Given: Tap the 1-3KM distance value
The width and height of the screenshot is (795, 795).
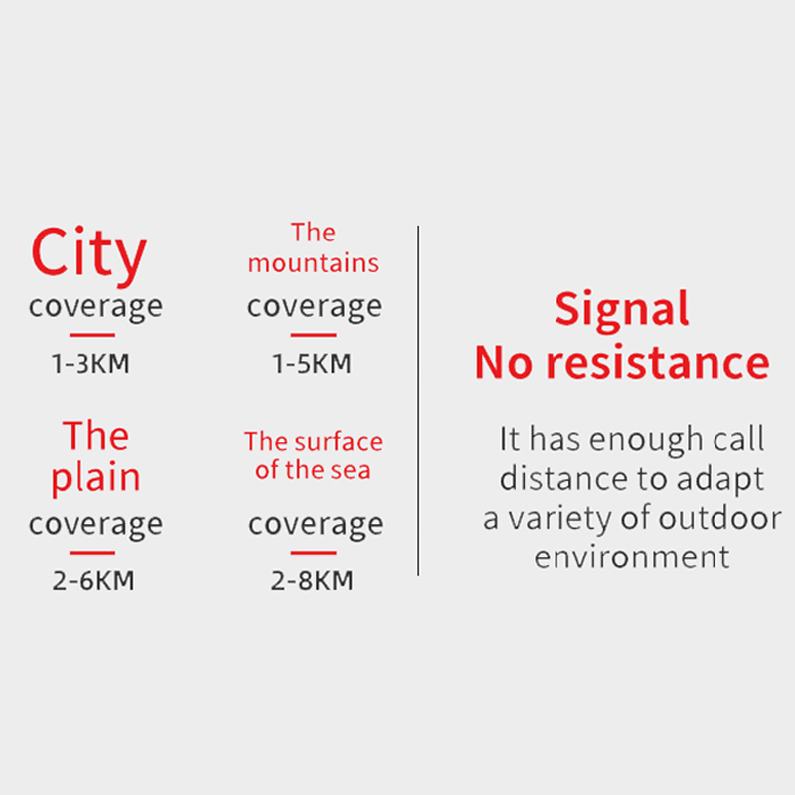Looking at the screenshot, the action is coord(90,363).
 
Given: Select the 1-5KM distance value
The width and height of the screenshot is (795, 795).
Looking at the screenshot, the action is coord(312,363).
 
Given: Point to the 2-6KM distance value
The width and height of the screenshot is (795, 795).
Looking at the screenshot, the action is coord(93,580).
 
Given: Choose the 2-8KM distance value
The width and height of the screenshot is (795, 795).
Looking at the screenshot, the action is coord(312,580).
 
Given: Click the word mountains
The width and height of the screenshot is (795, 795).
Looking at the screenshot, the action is coord(313,263).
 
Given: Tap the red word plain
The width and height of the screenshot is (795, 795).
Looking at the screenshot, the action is coord(95,478).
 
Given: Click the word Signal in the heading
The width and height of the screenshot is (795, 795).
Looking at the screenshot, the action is coord(622,310).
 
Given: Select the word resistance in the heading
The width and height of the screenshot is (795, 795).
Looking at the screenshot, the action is coord(658,362).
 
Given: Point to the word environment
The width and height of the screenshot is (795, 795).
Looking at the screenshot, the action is coord(632,556).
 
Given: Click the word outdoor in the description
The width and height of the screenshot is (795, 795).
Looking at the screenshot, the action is coord(719,518).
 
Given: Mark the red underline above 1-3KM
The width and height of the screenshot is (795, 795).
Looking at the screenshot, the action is coord(92,335).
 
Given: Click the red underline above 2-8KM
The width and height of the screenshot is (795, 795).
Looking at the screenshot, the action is coord(313,553).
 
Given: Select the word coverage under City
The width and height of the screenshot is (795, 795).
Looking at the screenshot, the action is coord(95,307).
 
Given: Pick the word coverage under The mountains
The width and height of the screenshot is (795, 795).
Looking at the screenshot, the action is coord(314,307).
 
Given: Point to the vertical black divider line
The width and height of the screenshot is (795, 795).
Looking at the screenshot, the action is coord(418,400).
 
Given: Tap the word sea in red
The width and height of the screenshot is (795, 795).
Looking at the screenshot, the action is coord(351,470).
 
